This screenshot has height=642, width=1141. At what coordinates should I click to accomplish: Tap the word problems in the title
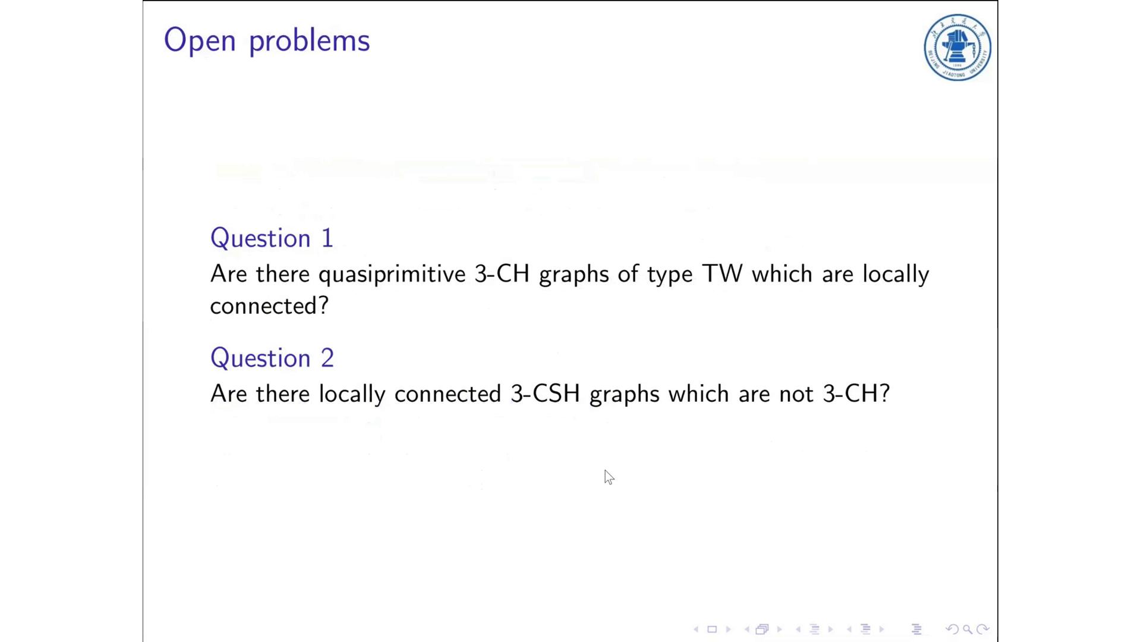pyautogui.click(x=309, y=42)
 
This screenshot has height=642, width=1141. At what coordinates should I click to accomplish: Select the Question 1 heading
pyautogui.click(x=272, y=239)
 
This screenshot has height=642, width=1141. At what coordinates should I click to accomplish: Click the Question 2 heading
pyautogui.click(x=272, y=358)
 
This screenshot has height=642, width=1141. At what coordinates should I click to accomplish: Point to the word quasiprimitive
pyautogui.click(x=392, y=275)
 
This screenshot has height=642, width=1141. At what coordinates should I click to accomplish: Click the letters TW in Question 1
pyautogui.click(x=722, y=274)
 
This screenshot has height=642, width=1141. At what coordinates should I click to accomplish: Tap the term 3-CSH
pyautogui.click(x=545, y=394)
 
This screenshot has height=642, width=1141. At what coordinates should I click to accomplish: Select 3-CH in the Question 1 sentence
pyautogui.click(x=502, y=274)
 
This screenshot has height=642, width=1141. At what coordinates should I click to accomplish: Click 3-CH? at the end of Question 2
pyautogui.click(x=856, y=394)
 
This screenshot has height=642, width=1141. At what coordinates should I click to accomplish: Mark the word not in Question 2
pyautogui.click(x=796, y=395)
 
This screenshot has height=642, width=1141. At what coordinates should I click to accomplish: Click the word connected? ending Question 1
pyautogui.click(x=269, y=306)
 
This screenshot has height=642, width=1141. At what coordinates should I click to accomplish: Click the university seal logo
pyautogui.click(x=957, y=48)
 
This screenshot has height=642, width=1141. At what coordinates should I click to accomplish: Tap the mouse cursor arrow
pyautogui.click(x=609, y=477)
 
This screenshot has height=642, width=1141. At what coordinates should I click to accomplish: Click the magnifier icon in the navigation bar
pyautogui.click(x=967, y=629)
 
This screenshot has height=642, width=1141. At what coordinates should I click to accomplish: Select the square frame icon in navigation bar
pyautogui.click(x=712, y=629)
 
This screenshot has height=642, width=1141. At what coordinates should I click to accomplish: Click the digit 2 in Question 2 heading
pyautogui.click(x=327, y=358)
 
